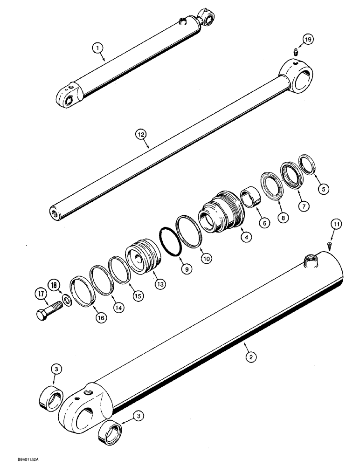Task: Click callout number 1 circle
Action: click(97, 47)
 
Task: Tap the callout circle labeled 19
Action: click(306, 40)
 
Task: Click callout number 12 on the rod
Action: click(140, 134)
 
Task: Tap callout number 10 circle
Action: click(205, 257)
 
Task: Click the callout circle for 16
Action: click(100, 317)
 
